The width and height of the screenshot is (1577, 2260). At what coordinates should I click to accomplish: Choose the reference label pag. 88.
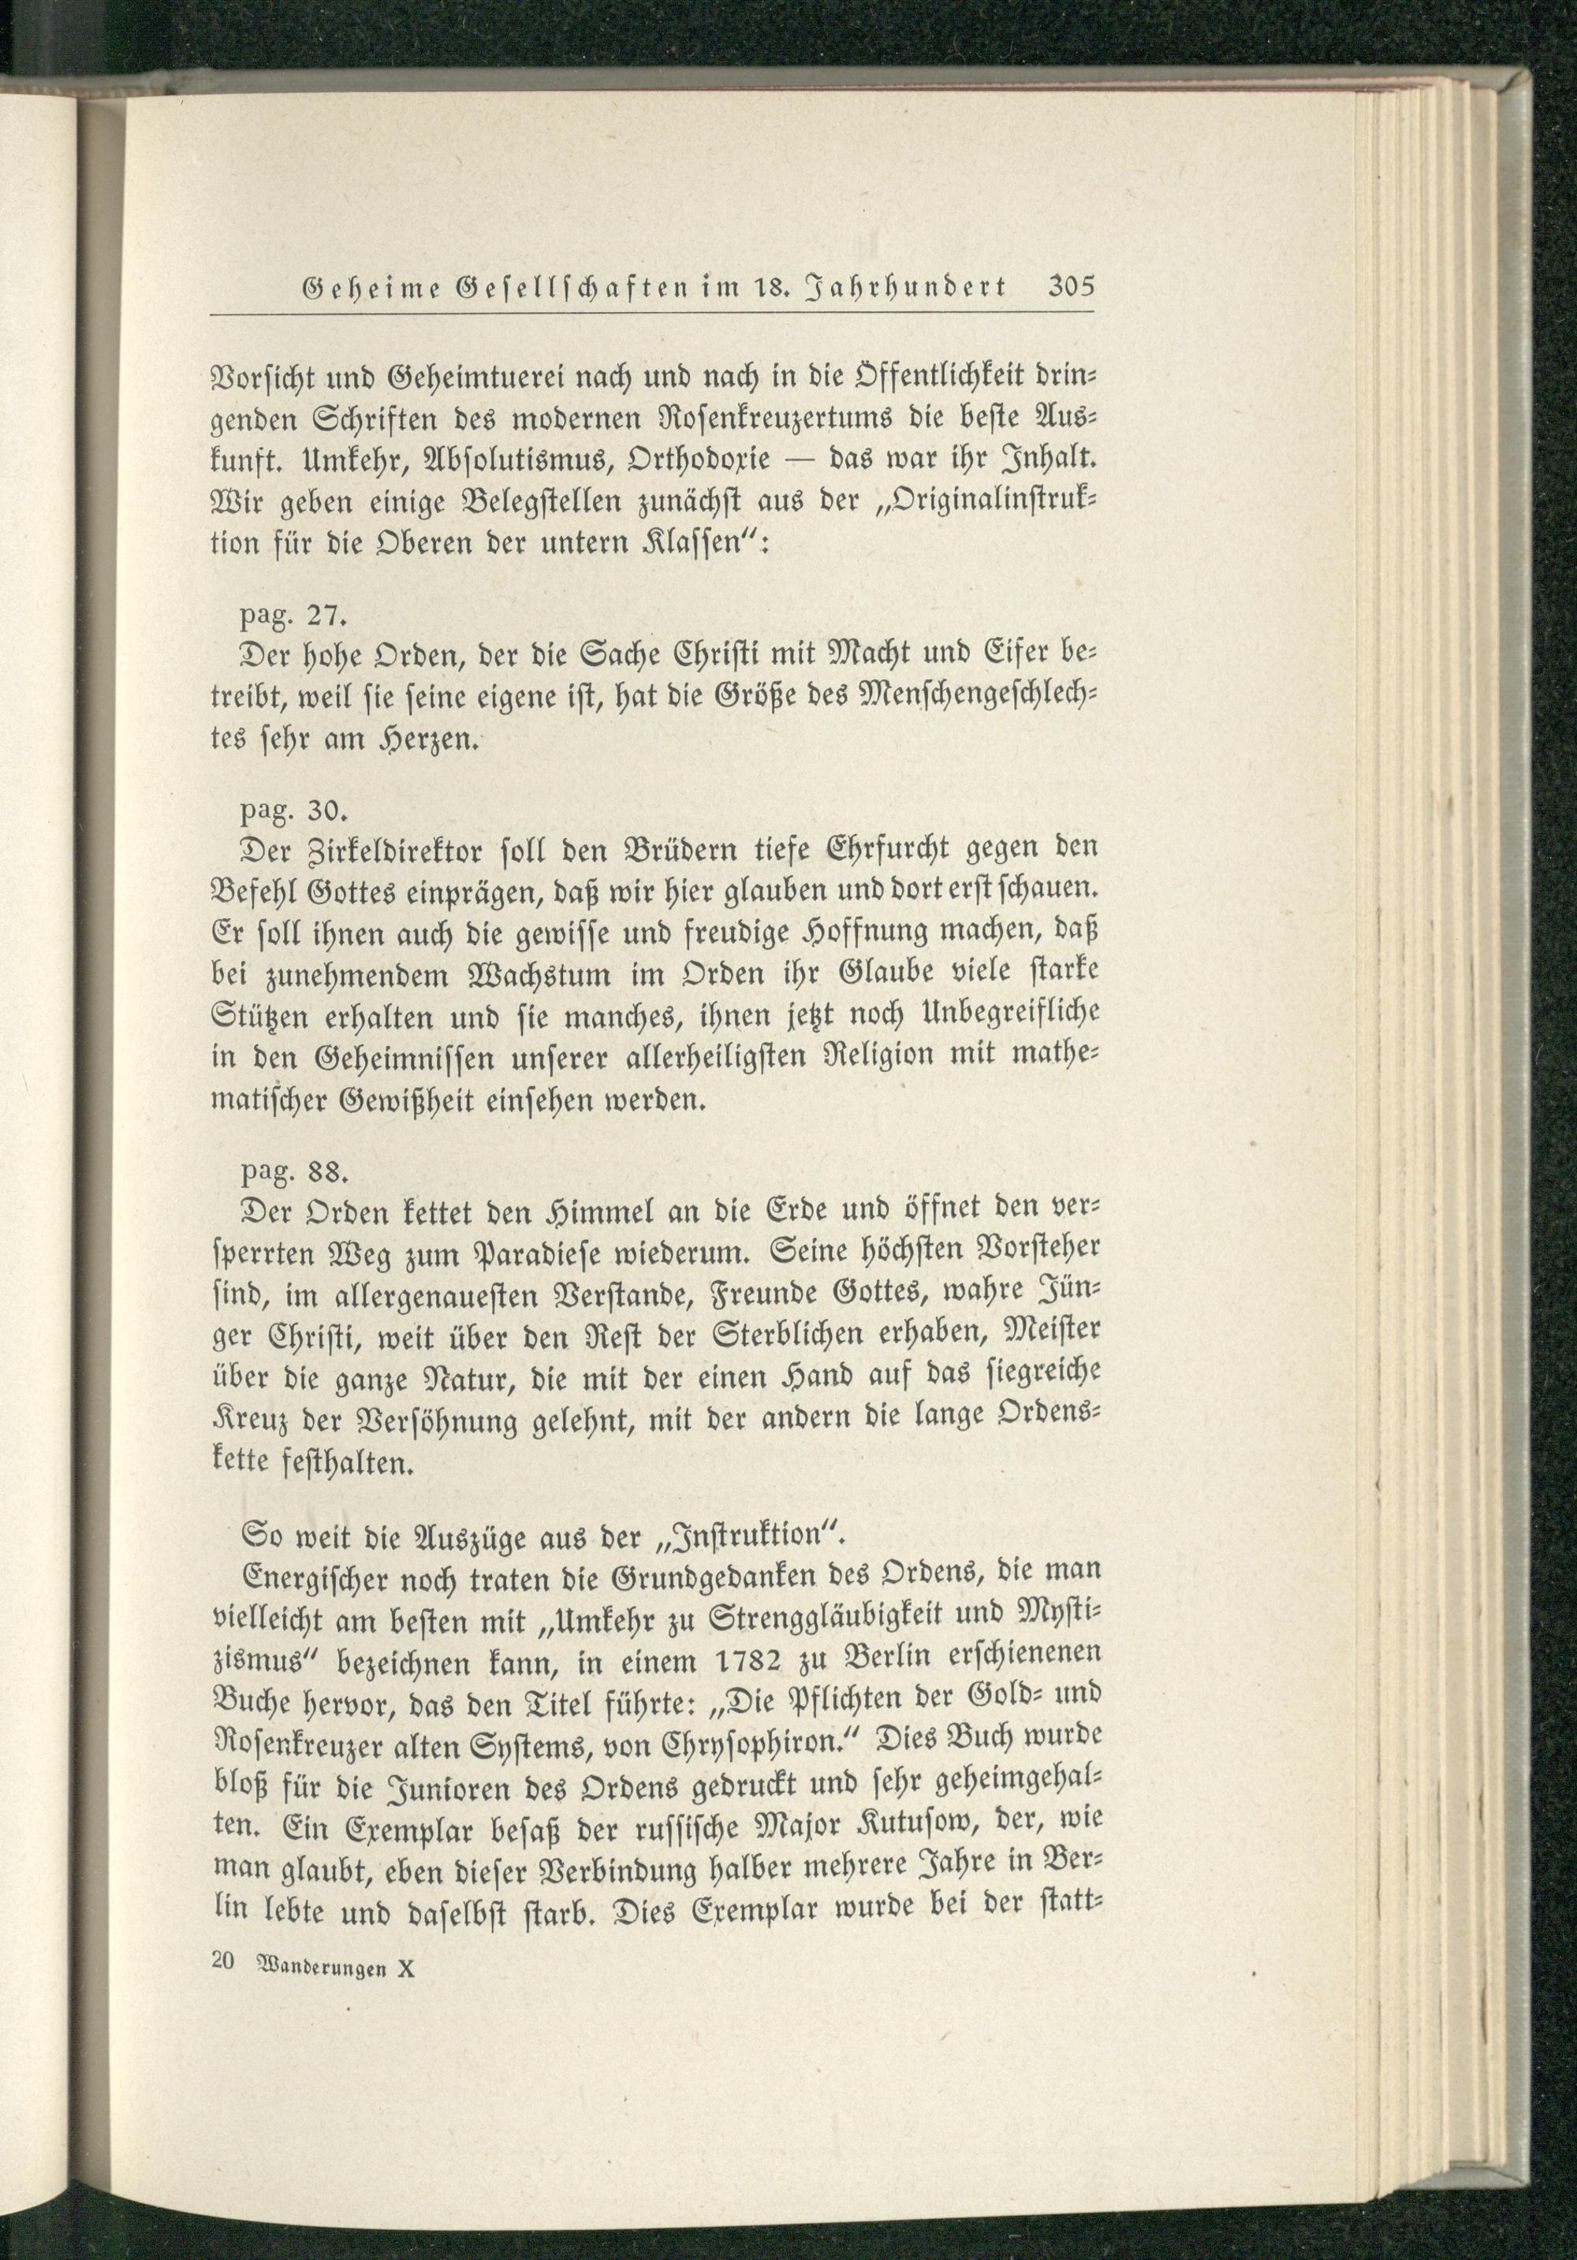293,1173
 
